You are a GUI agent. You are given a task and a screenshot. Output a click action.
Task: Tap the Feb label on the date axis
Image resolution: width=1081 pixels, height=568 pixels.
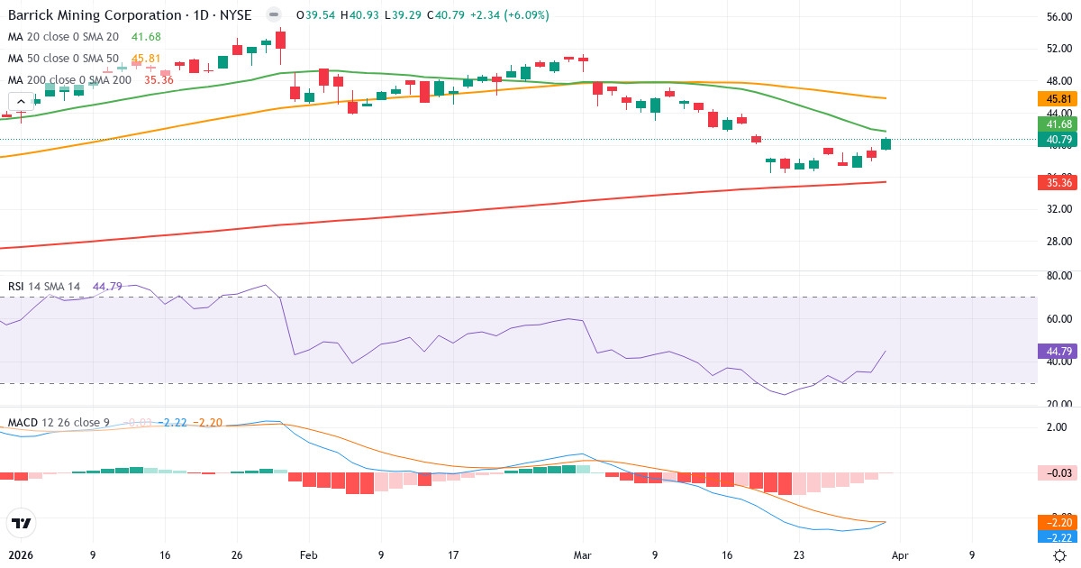[x=308, y=555]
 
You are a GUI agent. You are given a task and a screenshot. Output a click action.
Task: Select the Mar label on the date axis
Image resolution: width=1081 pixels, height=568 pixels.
[x=583, y=555]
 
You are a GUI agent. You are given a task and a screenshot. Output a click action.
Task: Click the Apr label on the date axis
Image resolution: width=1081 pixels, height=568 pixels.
[x=900, y=555]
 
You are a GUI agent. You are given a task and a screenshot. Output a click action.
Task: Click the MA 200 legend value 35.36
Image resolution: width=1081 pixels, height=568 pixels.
[x=159, y=80]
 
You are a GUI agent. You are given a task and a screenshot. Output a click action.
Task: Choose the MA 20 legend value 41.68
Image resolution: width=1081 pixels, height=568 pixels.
[x=146, y=37]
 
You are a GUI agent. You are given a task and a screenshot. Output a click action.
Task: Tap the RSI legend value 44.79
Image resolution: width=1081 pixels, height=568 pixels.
[x=107, y=287]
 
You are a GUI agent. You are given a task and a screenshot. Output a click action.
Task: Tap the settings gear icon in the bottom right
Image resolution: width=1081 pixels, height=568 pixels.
[x=1060, y=555]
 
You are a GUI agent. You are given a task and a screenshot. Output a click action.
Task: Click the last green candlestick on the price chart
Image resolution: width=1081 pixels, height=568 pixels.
[x=886, y=144]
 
